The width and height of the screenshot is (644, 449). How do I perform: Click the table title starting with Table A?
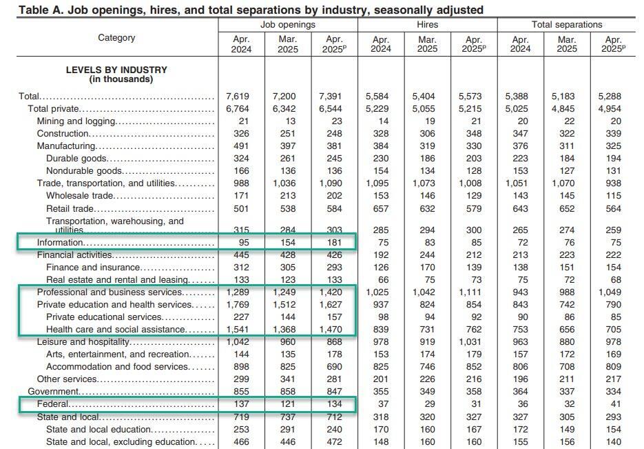click(x=251, y=10)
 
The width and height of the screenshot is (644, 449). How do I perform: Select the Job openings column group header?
click(x=288, y=24)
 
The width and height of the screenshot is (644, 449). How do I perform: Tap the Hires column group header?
click(x=427, y=24)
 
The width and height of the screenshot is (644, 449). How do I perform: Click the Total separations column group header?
click(x=567, y=24)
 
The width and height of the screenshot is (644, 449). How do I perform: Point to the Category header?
click(x=116, y=38)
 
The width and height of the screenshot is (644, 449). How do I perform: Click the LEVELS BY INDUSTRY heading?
click(x=116, y=74)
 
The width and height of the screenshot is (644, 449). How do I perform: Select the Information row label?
click(x=61, y=243)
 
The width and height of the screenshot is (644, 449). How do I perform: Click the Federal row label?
click(x=53, y=404)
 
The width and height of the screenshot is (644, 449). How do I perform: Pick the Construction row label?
click(x=63, y=133)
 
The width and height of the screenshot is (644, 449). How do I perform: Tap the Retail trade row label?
click(x=70, y=208)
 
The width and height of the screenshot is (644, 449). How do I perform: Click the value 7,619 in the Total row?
click(x=241, y=97)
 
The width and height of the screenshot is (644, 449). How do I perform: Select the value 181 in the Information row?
click(x=334, y=243)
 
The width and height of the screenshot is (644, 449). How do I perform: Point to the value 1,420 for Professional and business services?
click(x=334, y=292)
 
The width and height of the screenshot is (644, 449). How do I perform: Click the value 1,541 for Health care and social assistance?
click(x=241, y=330)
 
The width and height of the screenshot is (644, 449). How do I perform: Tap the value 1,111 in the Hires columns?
click(x=473, y=292)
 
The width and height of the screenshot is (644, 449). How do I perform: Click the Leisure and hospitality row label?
click(x=83, y=342)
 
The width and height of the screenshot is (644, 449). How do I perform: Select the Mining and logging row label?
click(x=76, y=121)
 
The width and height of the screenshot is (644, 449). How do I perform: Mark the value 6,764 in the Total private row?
click(x=241, y=109)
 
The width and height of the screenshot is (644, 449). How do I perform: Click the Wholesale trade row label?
click(x=79, y=196)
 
